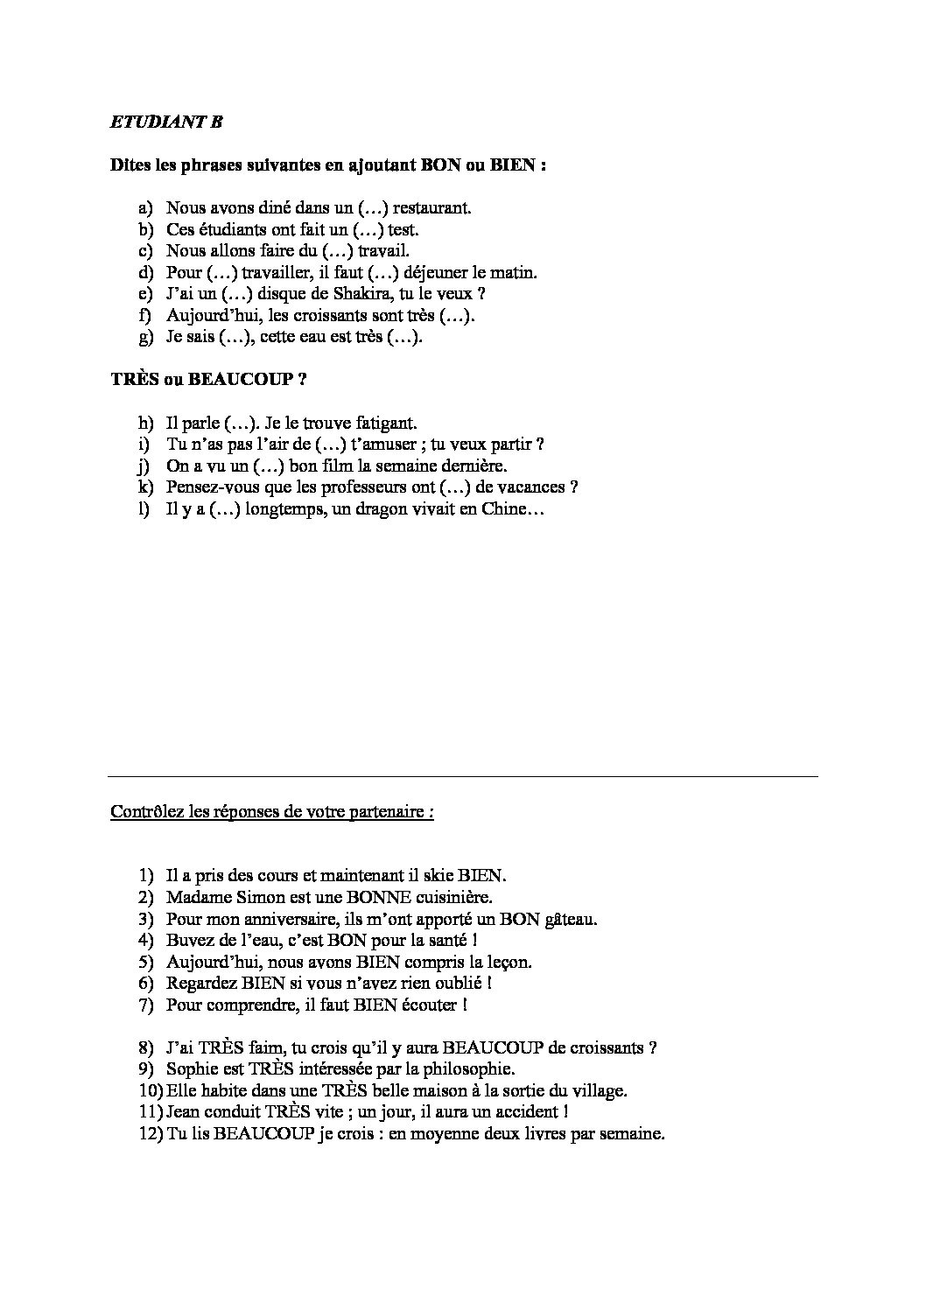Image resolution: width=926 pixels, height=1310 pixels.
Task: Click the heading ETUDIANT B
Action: pyautogui.click(x=166, y=123)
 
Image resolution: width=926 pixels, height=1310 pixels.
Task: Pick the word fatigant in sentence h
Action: pyautogui.click(x=386, y=424)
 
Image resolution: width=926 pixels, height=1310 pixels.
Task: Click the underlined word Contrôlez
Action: pyautogui.click(x=144, y=811)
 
